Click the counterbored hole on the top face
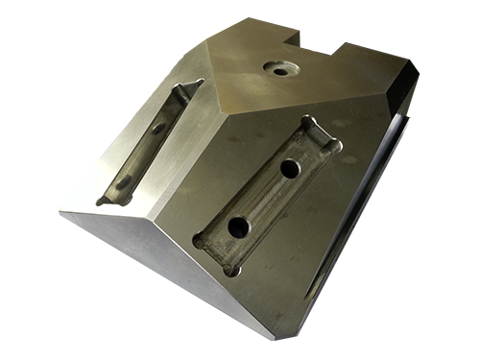pos(280,69)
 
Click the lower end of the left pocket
pos(108,199)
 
